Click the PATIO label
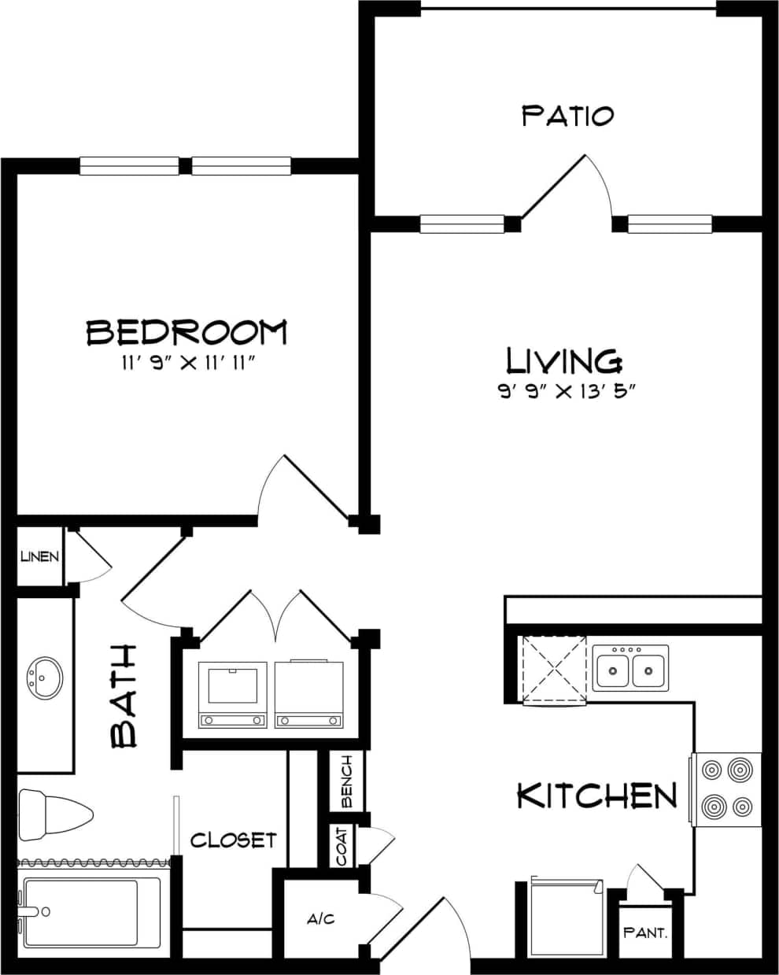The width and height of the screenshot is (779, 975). click(567, 116)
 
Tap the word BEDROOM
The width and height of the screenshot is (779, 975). click(186, 332)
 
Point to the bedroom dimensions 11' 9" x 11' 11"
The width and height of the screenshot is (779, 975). click(186, 363)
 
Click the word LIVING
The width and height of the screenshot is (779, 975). click(564, 361)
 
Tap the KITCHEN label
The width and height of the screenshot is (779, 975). click(596, 796)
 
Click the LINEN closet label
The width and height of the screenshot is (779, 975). click(39, 557)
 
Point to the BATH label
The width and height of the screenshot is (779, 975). click(124, 696)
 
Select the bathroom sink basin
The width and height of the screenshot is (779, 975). click(44, 677)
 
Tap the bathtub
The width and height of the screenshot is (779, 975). click(90, 913)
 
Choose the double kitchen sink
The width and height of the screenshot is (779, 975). click(630, 670)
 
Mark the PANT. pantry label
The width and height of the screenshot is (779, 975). click(645, 933)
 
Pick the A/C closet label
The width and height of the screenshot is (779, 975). click(321, 918)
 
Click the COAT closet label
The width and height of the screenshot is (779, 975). click(342, 846)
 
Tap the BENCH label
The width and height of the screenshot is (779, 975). click(346, 781)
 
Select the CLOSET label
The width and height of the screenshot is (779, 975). click(233, 840)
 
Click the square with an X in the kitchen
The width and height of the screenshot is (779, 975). click(555, 668)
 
